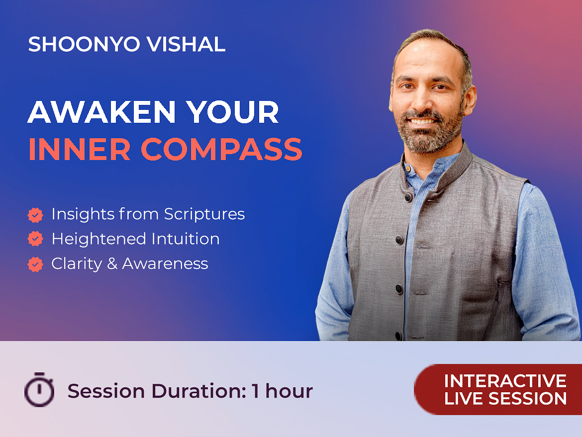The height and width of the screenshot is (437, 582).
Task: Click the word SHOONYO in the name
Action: click(84, 44)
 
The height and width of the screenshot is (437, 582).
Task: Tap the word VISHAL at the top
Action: click(186, 44)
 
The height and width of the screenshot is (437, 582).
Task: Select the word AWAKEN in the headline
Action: click(101, 112)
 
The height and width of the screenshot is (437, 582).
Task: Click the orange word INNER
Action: click(79, 149)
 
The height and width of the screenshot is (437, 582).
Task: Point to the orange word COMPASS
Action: click(221, 149)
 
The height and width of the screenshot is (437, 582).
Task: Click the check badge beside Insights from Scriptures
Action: click(35, 215)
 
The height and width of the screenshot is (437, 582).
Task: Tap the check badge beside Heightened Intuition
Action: click(35, 239)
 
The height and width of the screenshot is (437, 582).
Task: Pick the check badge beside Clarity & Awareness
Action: click(35, 264)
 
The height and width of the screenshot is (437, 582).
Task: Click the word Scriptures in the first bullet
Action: click(204, 214)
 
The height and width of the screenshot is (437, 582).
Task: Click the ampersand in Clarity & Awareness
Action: click(112, 264)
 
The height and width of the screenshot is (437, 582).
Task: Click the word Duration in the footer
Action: click(198, 391)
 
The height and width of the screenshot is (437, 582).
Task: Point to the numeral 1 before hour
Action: click(255, 391)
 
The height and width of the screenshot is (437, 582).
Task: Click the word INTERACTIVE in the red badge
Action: click(505, 381)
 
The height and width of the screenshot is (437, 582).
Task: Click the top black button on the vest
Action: click(408, 197)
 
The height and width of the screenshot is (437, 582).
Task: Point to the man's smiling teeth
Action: click(422, 121)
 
